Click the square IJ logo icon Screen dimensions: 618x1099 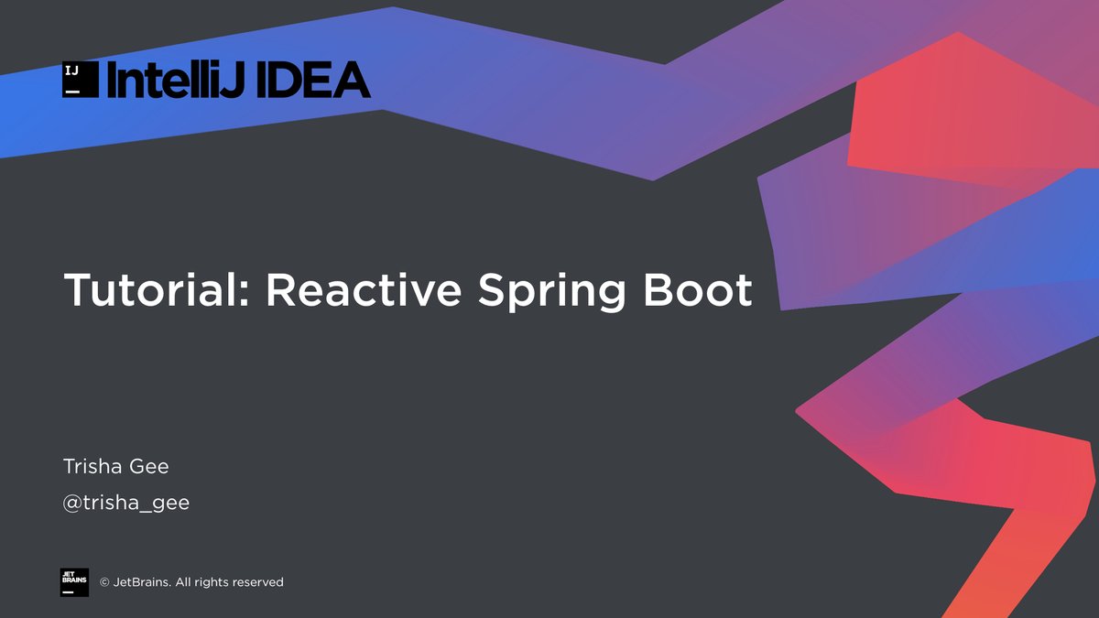click(x=80, y=80)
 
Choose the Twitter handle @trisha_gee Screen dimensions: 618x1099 click(x=126, y=503)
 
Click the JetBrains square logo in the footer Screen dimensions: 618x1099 click(x=75, y=582)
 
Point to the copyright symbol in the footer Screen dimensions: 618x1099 click(x=104, y=582)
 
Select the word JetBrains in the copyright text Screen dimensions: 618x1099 click(x=142, y=582)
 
